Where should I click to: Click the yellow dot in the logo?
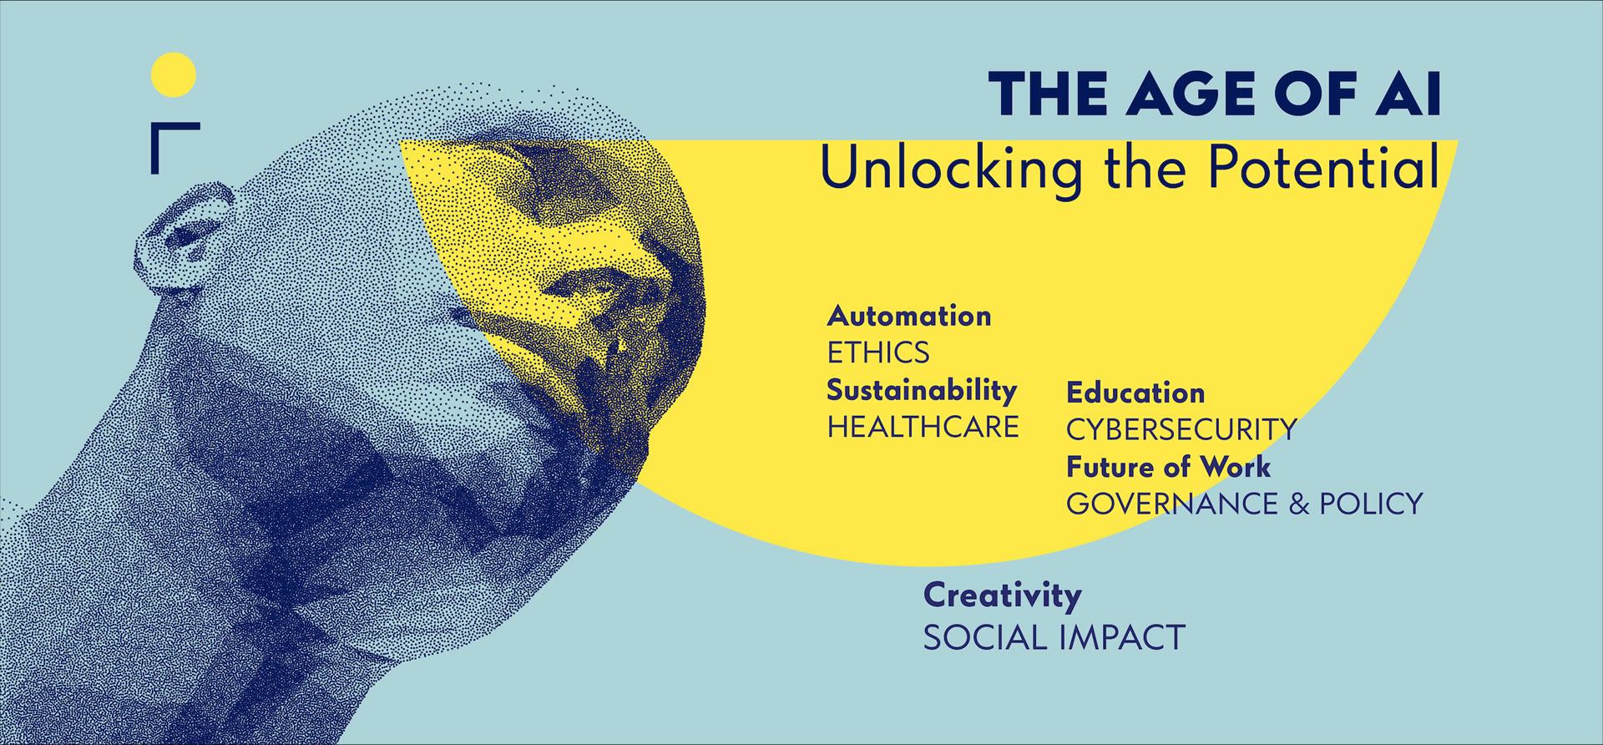tap(174, 75)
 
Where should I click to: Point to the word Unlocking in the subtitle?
tap(951, 170)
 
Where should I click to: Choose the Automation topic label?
tap(909, 316)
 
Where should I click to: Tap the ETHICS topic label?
tap(878, 352)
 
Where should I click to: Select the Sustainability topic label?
tap(922, 391)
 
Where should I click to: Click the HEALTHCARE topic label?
tap(923, 427)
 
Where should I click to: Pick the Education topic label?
tap(1135, 393)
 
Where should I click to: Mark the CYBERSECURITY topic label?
tap(1181, 429)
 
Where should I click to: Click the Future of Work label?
tap(1169, 466)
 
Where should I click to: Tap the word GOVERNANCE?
tap(1172, 504)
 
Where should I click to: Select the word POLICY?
tap(1371, 504)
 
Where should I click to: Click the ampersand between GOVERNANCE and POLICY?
tap(1299, 504)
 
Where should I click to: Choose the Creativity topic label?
tap(1003, 597)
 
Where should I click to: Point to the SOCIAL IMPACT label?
tap(1054, 638)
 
